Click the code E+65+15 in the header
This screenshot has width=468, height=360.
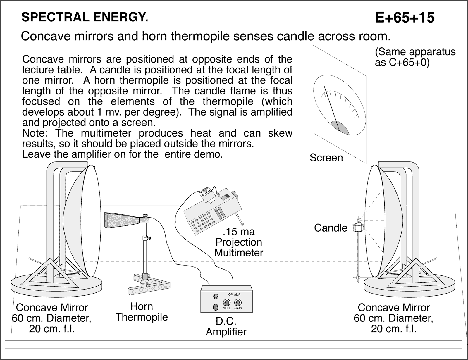(405, 18)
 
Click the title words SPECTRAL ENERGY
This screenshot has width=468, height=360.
(85, 18)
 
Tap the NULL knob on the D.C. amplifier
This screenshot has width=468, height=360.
(227, 303)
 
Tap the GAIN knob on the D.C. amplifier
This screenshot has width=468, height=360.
(238, 303)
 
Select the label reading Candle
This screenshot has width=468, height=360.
(331, 228)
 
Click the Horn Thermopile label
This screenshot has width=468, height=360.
(142, 312)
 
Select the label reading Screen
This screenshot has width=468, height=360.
(326, 158)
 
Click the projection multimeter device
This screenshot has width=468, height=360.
(212, 211)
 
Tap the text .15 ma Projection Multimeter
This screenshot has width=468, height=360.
(239, 242)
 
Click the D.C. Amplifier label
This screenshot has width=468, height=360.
(226, 326)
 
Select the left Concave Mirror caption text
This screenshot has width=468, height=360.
(52, 318)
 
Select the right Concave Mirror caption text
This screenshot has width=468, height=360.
(394, 318)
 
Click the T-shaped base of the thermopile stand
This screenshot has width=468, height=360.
(146, 284)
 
